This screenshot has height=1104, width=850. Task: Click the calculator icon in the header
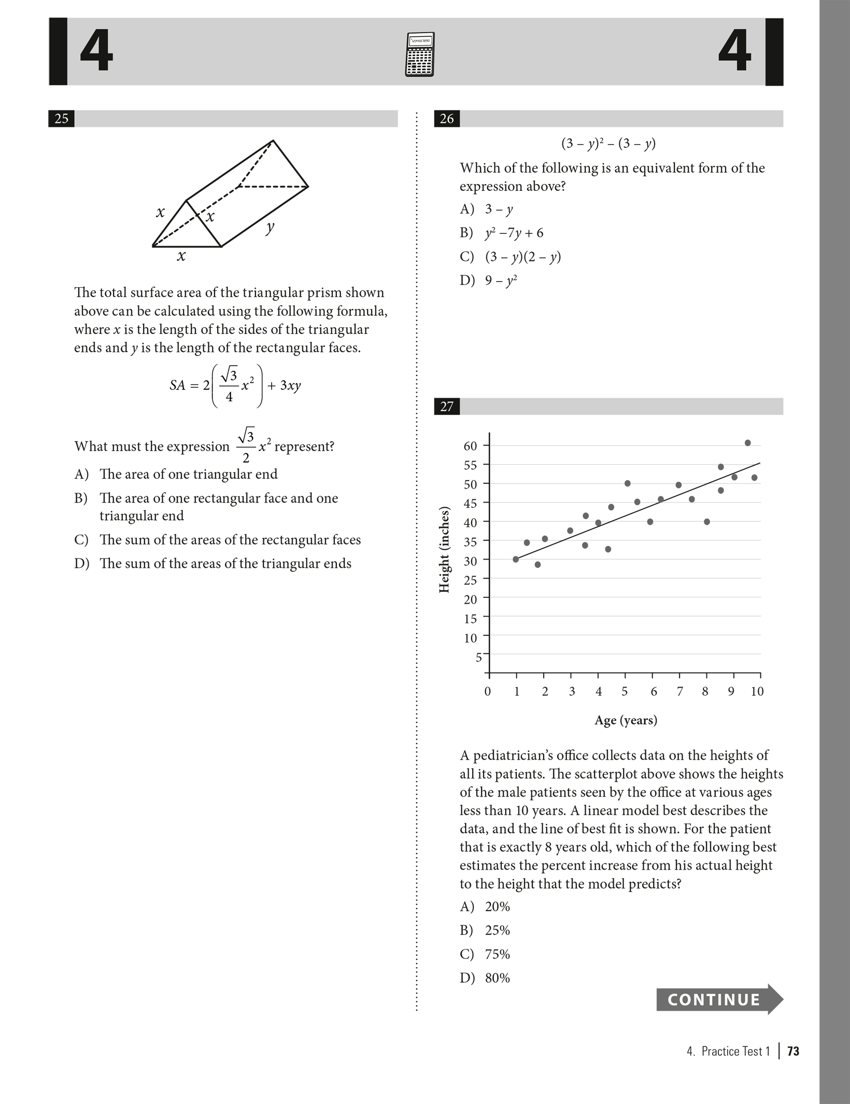tap(419, 54)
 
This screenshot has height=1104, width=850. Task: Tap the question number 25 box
tap(61, 119)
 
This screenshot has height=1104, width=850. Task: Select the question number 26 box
tap(446, 119)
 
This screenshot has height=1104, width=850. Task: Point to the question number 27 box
tap(446, 407)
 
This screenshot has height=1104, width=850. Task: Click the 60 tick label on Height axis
tap(470, 446)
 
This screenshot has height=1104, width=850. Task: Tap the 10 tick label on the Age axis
tap(757, 691)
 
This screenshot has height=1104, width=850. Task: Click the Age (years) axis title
tap(626, 720)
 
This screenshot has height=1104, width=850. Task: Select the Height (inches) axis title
tap(444, 550)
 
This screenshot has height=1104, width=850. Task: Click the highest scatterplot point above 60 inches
tap(747, 443)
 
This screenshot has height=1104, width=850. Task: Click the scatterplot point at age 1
tap(516, 559)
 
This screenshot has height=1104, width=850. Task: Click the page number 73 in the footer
tap(793, 1051)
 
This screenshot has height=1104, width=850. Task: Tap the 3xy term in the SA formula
tap(290, 385)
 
